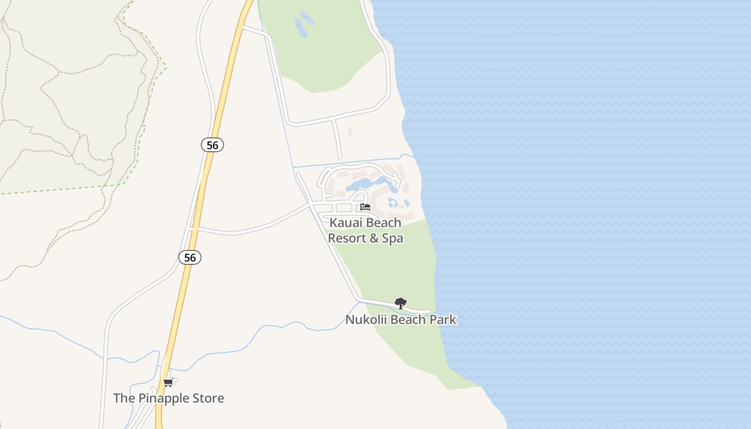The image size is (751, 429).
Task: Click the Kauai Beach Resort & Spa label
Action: pos(365,231)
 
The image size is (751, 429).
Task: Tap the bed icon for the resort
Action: pos(365,207)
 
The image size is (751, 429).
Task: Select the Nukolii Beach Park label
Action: pos(401,320)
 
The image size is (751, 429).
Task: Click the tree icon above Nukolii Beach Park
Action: pos(400,304)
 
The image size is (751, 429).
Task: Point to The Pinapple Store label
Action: pos(168,398)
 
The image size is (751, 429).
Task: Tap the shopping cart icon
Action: pos(168,383)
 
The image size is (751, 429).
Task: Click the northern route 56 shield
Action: pos(212,145)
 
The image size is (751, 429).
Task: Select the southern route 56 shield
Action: pos(190,257)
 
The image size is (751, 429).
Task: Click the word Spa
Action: pos(392,238)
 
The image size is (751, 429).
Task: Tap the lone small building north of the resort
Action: pos(350,132)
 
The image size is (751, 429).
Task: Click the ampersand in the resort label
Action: pos(373,238)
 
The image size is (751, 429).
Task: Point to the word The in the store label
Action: pos(123,398)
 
